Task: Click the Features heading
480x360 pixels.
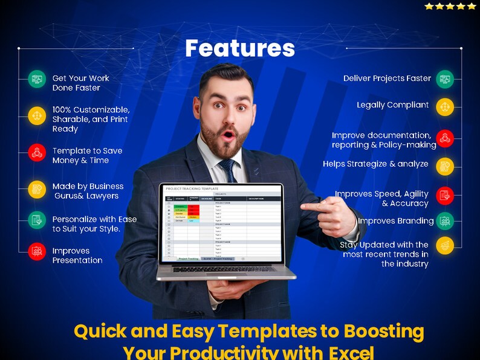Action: tap(240, 48)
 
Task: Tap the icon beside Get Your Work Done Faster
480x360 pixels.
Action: tap(37, 79)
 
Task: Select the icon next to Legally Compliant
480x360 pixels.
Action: tap(445, 107)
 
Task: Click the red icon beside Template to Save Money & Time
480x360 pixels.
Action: tap(37, 152)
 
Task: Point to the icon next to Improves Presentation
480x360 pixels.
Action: tap(37, 251)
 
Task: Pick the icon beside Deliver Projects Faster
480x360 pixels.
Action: tap(445, 79)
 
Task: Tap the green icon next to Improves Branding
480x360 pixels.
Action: tap(445, 220)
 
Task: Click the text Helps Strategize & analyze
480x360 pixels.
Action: tap(375, 164)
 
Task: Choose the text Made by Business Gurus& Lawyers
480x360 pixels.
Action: tap(88, 191)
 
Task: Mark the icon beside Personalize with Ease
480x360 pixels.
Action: tap(37, 220)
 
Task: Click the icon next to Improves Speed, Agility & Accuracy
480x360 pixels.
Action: tap(445, 195)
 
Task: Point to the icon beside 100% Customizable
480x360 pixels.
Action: tap(37, 116)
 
